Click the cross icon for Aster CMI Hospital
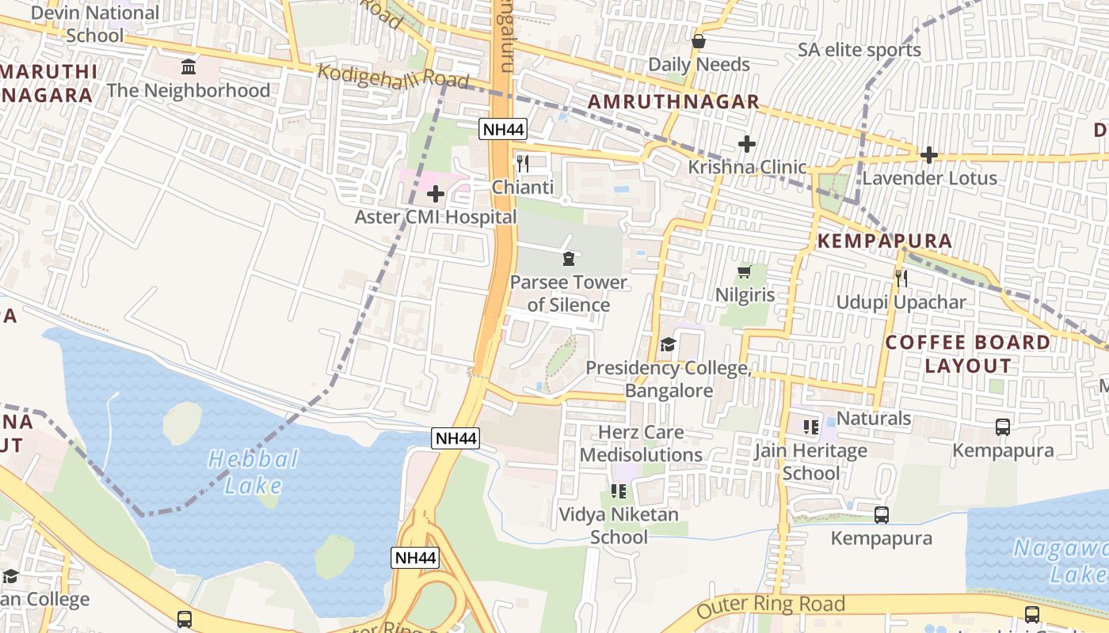pos(435,194)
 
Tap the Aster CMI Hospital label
pos(435,217)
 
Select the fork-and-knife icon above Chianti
pos(522,164)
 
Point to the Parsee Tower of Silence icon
pos(568,259)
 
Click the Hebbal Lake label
pos(253,472)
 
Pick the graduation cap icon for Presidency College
pos(668,344)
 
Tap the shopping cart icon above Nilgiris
pos(744,272)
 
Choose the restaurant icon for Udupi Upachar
pos(901,279)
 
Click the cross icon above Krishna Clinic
pos(746,144)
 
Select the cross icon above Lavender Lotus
pos(929,155)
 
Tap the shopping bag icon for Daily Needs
pos(699,41)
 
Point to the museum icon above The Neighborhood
pos(189,66)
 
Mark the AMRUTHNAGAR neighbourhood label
pos(673,102)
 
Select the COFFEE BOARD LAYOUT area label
pos(967,354)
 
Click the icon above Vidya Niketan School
pos(619,491)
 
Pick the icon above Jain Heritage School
pos(810,427)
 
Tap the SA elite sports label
pos(859,50)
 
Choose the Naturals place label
pos(874,418)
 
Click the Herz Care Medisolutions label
pos(641,444)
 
